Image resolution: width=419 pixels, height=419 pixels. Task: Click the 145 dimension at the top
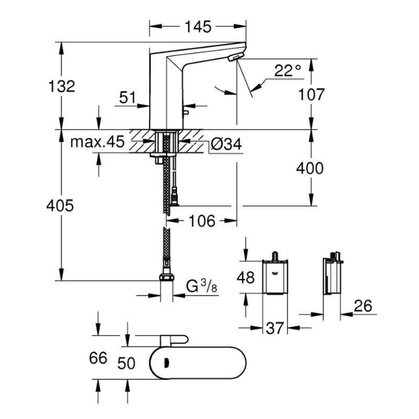tap(197, 26)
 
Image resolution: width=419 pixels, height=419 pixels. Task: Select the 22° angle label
tap(288, 71)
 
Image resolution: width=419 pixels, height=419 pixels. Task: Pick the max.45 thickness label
tap(98, 142)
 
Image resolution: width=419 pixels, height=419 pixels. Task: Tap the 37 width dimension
tap(274, 328)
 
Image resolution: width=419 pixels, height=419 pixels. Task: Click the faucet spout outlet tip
tap(237, 57)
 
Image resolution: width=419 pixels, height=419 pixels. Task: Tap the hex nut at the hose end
tap(167, 277)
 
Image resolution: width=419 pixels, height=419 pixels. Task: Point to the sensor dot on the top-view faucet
tap(166, 361)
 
